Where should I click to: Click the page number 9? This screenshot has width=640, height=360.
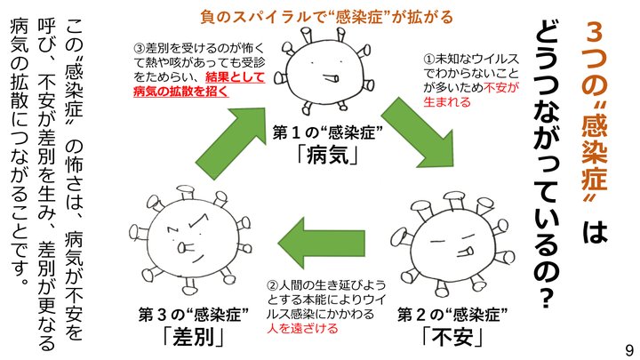pos(630,350)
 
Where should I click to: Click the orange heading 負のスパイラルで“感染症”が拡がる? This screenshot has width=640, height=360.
pos(326,17)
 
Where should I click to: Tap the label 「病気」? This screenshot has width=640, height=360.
pos(329,155)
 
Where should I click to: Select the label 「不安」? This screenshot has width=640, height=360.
pos(453,337)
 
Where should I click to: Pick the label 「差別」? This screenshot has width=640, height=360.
pos(194,337)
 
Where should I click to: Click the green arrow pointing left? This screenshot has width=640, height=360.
pos(322,243)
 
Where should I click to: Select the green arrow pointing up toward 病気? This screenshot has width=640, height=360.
pos(230,143)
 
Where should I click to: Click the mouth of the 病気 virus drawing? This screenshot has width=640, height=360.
pos(330,77)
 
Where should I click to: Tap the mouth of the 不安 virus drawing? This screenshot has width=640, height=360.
pos(465,251)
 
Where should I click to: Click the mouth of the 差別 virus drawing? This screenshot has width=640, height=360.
pos(184,248)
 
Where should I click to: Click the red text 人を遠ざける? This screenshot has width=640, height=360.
pos(302,328)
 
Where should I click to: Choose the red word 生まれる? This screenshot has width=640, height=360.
pos(447,101)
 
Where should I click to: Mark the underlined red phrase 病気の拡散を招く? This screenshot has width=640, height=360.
pos(180,92)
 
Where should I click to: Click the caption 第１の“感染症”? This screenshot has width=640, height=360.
pos(328,133)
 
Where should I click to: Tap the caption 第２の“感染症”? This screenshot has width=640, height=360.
pos(453,315)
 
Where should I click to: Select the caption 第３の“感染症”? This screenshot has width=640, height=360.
pos(194,315)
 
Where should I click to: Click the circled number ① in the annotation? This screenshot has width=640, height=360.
pos(429,60)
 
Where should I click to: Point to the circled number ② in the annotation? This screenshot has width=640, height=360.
pos(273,285)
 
